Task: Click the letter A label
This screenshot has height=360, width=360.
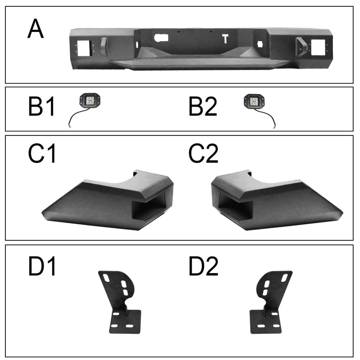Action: [x=36, y=28]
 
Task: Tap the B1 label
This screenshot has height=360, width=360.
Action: [x=41, y=107]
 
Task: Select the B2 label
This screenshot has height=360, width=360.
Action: [x=203, y=107]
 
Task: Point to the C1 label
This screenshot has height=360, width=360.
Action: [x=42, y=153]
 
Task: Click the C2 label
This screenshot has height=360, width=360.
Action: [x=203, y=153]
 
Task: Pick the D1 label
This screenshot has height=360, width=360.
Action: [x=42, y=266]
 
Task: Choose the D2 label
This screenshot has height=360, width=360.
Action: [x=203, y=266]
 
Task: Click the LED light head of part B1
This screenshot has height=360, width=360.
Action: [x=90, y=100]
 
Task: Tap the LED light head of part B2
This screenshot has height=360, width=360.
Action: [x=254, y=100]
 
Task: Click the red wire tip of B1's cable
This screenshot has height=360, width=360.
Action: [x=70, y=126]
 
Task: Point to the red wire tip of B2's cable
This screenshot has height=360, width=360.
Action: [x=274, y=126]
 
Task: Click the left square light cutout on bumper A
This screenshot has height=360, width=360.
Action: [x=84, y=48]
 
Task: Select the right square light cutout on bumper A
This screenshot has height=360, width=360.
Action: [x=318, y=47]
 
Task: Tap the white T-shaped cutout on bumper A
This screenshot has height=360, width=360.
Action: [x=225, y=39]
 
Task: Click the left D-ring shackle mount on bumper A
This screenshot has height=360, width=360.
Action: [x=104, y=47]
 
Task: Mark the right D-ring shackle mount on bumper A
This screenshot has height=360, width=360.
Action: [x=301, y=47]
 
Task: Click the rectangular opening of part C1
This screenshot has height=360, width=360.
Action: [x=148, y=206]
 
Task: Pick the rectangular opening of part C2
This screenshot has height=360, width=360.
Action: [x=235, y=207]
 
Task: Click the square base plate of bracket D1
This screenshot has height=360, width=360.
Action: [x=126, y=321]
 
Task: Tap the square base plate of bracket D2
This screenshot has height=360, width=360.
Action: [x=265, y=321]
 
